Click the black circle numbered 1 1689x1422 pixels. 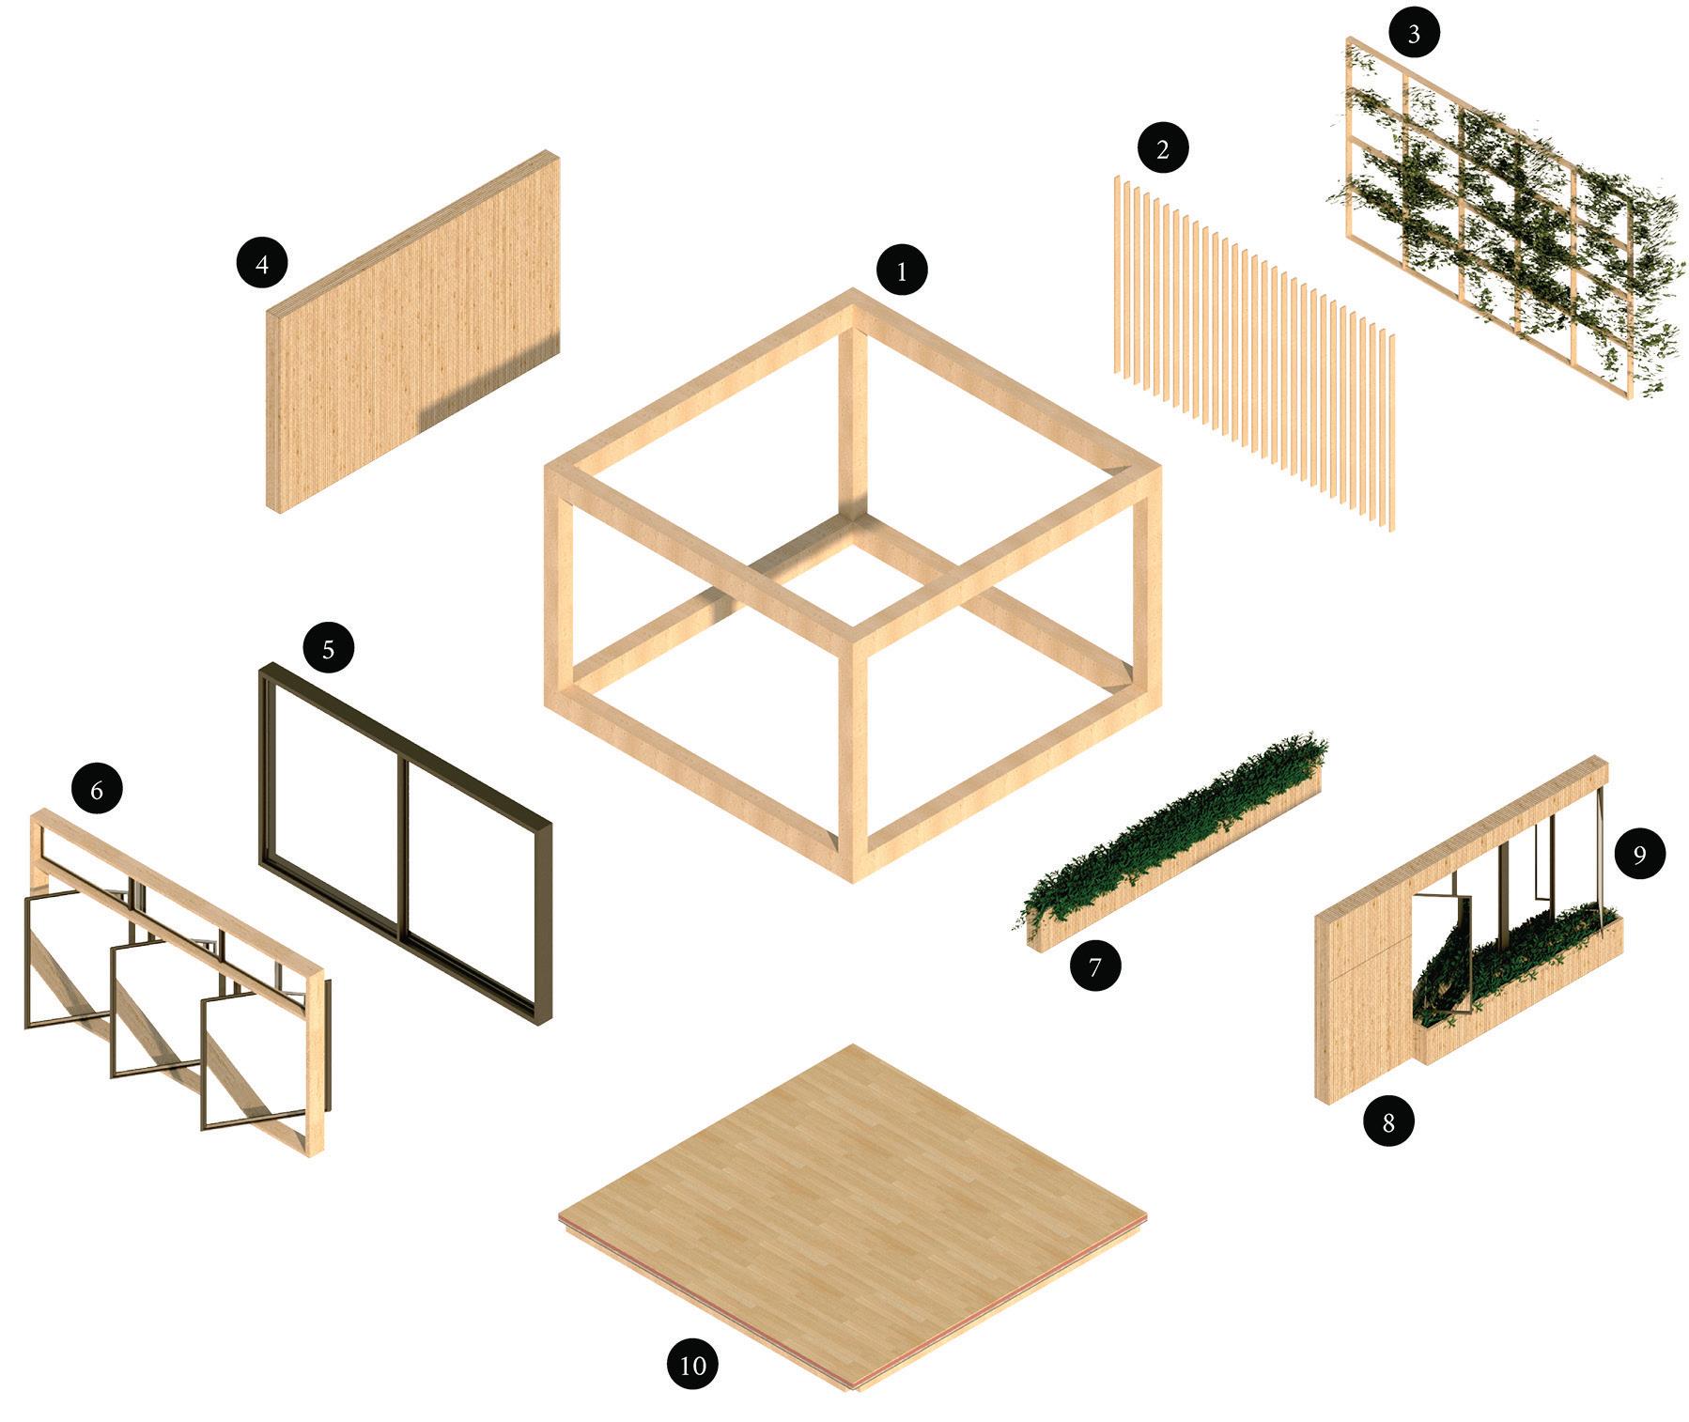tap(902, 272)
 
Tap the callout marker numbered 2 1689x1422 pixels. tap(1162, 149)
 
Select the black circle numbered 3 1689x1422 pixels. tap(1414, 36)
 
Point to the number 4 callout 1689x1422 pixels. tap(262, 264)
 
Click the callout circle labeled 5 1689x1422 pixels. tap(328, 649)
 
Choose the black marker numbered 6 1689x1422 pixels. tap(97, 791)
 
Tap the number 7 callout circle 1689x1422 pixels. tap(1095, 966)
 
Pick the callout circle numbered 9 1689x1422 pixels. tap(1639, 855)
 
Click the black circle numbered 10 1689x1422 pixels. tap(692, 1364)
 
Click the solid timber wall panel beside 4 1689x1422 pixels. tap(413, 331)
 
